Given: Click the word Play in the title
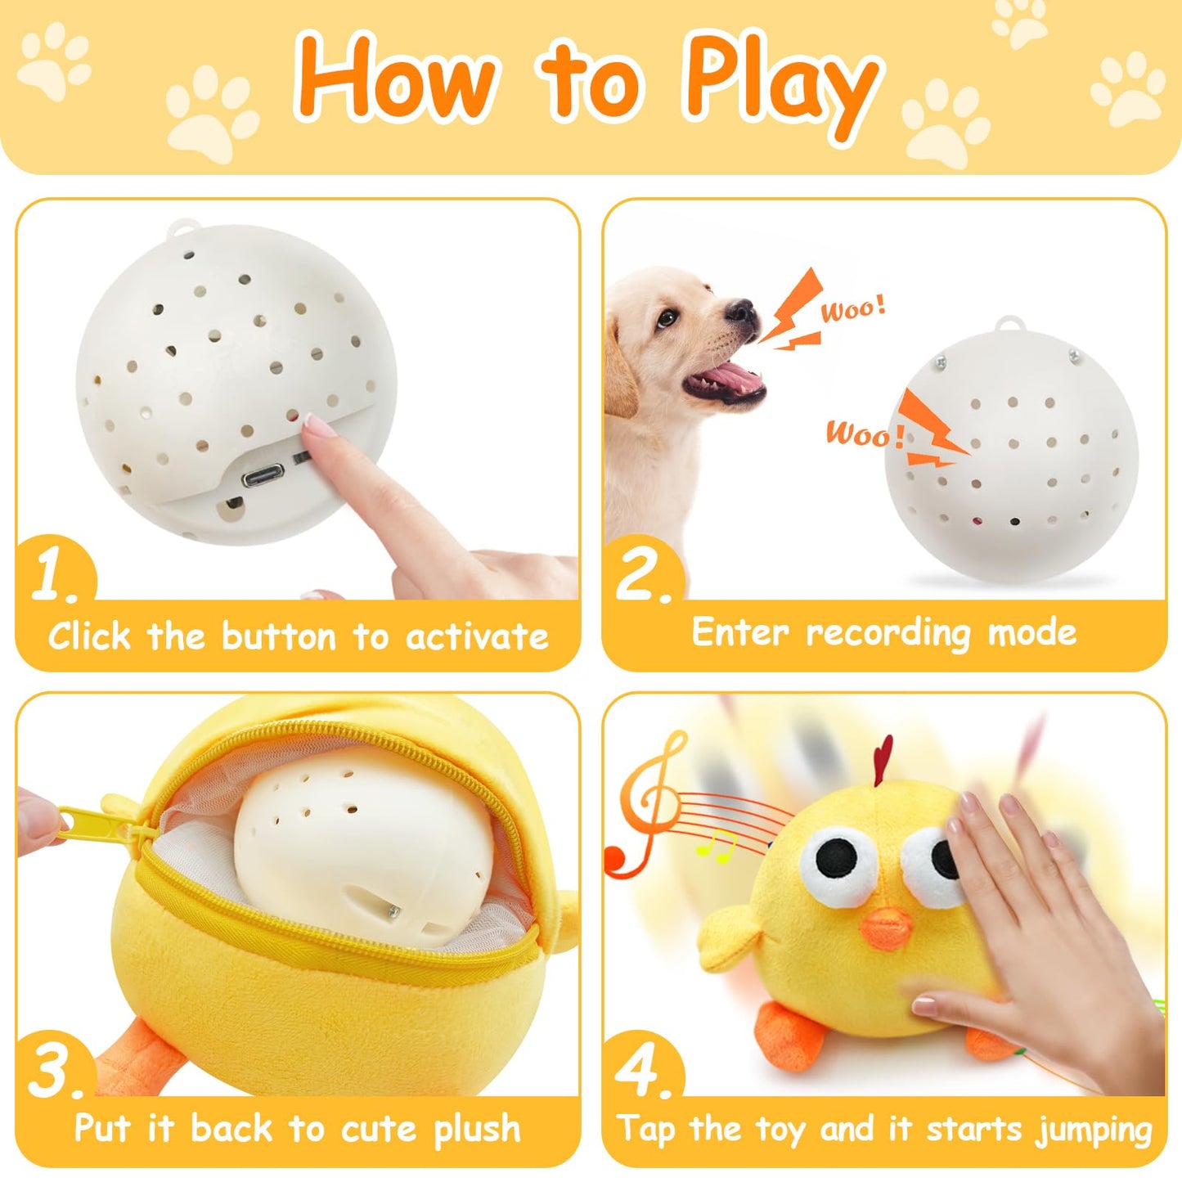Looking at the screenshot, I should tap(781, 82).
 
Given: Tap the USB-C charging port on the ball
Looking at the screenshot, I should tap(263, 474).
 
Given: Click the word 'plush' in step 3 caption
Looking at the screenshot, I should tap(477, 1130).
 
